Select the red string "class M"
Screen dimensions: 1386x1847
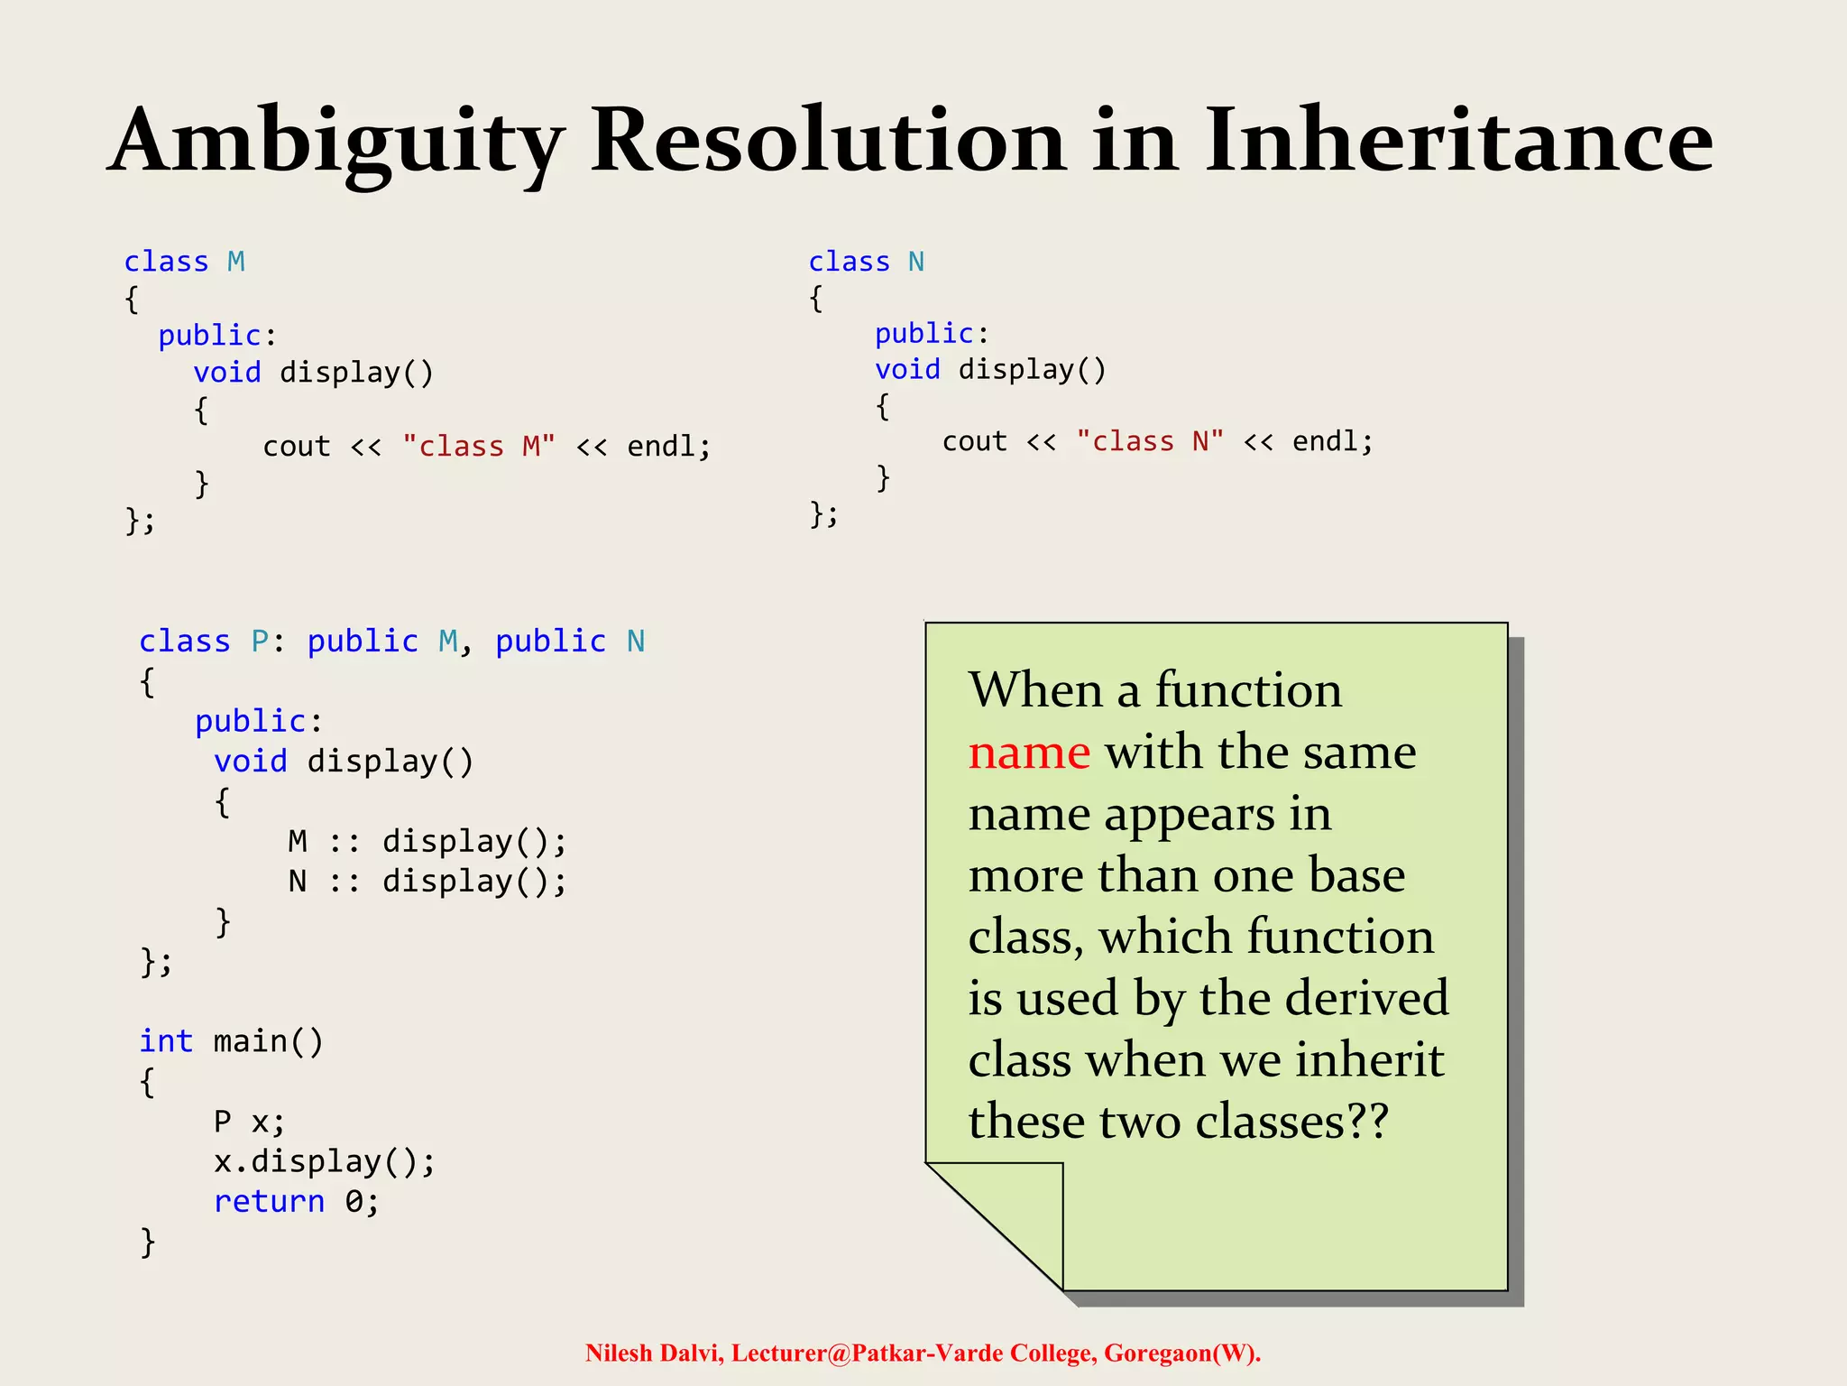479,446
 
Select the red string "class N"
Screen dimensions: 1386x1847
1150,441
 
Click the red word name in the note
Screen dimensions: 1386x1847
1029,752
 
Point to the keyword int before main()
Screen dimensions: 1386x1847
166,1041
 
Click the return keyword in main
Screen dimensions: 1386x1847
269,1201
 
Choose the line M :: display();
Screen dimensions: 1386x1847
427,841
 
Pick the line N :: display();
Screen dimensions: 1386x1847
427,881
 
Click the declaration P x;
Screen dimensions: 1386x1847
249,1122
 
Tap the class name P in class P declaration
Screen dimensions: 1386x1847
260,642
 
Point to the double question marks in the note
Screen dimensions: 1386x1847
1367,1122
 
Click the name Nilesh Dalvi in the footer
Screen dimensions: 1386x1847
654,1354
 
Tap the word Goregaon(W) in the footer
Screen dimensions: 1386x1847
1181,1354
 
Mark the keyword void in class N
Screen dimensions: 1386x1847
907,369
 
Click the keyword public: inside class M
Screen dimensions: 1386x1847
216,336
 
